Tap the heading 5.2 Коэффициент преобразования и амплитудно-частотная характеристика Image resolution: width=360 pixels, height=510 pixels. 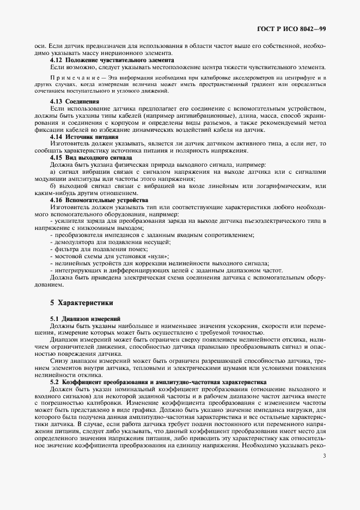tap(166, 382)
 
